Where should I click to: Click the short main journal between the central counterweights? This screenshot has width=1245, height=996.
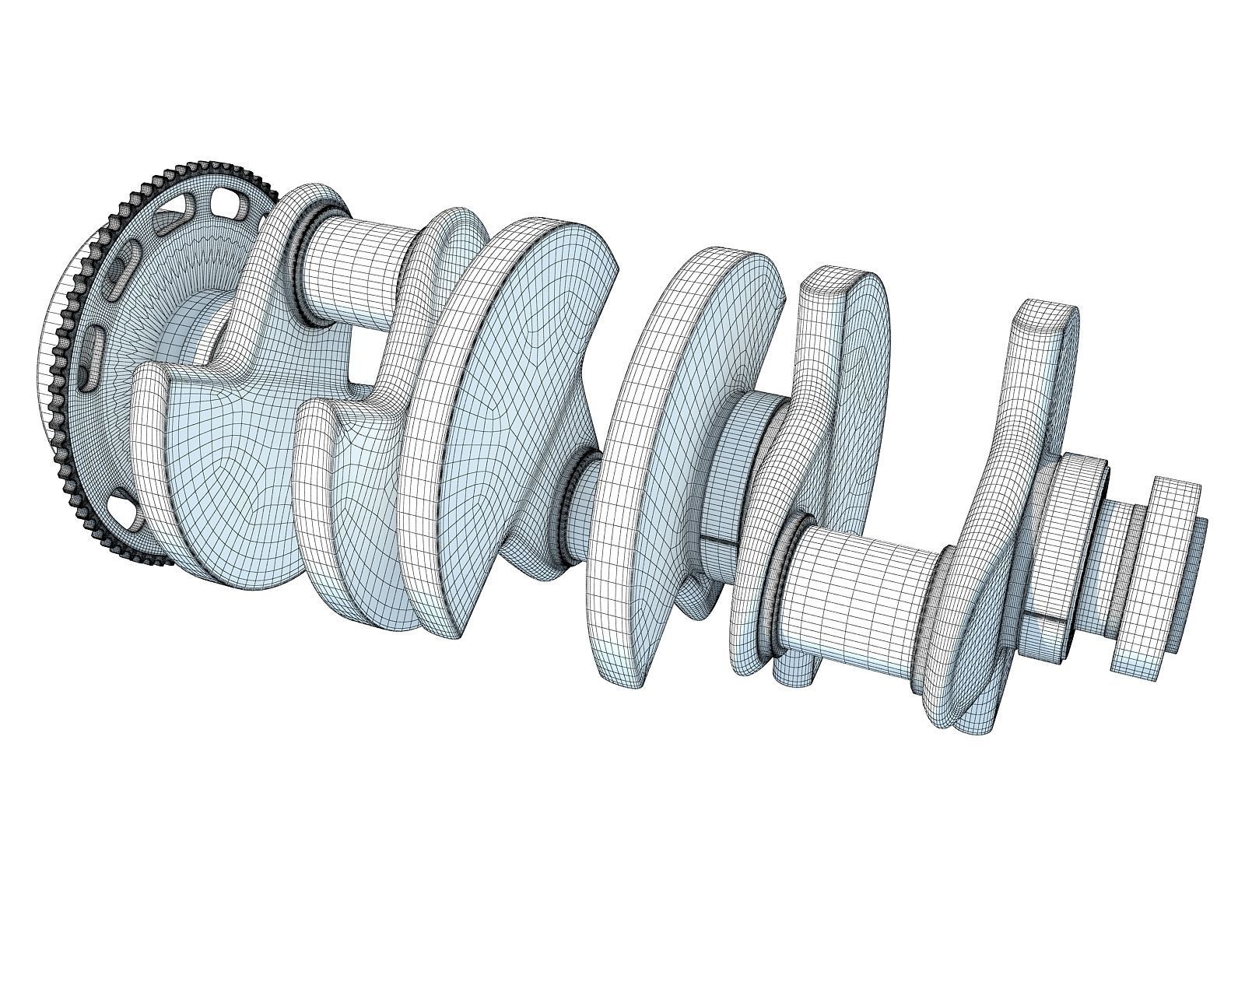[x=580, y=506]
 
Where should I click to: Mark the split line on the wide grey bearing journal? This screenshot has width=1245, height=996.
[x=720, y=540]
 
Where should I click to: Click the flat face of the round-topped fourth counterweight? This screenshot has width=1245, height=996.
[x=864, y=373]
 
